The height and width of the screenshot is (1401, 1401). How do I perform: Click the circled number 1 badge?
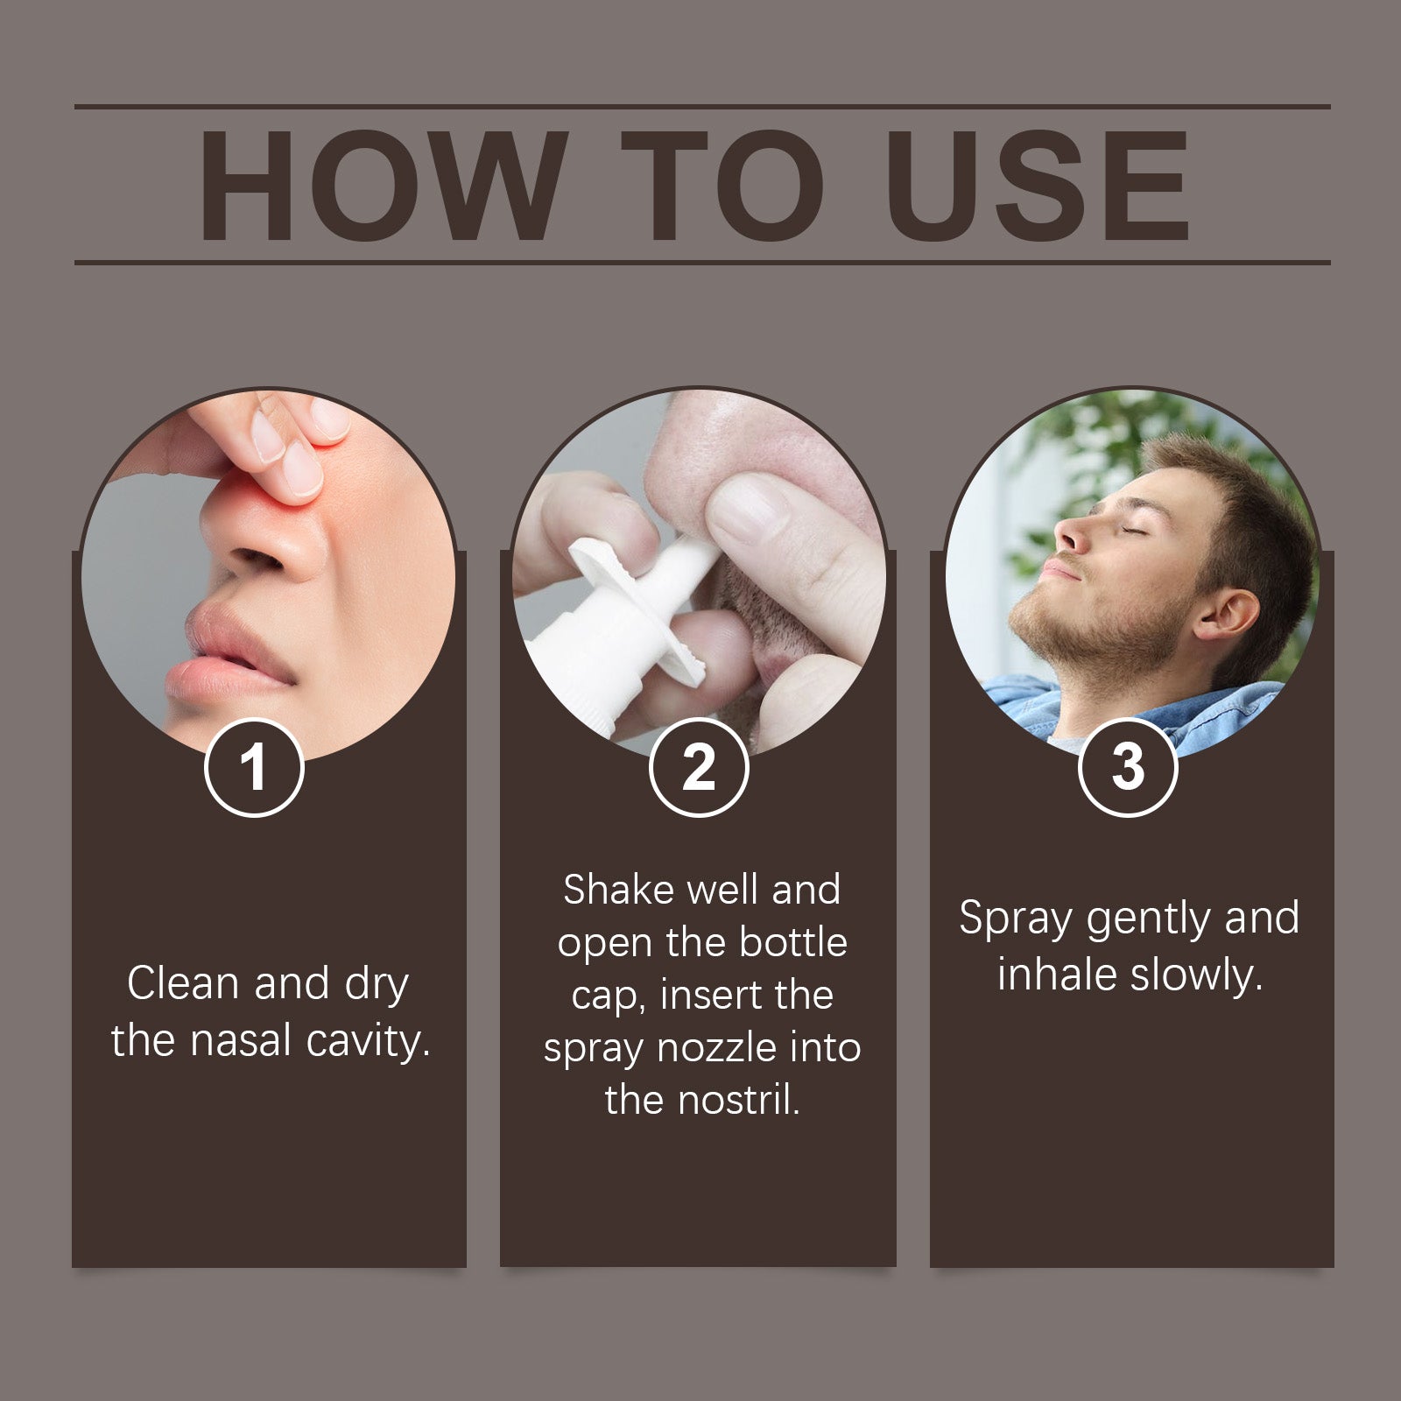[x=254, y=768]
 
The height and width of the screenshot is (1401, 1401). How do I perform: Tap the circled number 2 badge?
[x=699, y=768]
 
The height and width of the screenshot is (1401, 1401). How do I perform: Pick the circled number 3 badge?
[x=1128, y=768]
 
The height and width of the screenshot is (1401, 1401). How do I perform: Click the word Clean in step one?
[x=183, y=982]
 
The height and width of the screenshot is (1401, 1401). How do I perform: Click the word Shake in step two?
[x=618, y=891]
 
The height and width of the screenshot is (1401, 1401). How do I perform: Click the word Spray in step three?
[x=1015, y=919]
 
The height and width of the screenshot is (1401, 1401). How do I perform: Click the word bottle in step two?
[x=793, y=943]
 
